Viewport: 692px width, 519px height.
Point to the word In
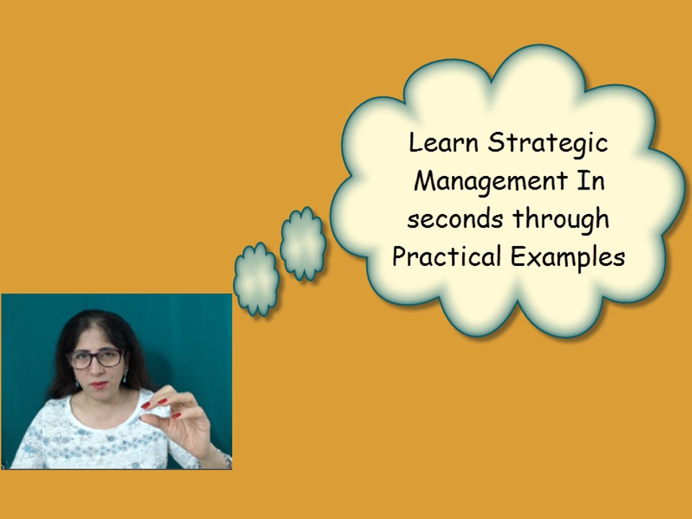[x=589, y=181]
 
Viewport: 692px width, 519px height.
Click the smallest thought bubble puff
[x=255, y=279]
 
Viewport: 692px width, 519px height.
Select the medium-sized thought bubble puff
[x=303, y=244]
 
